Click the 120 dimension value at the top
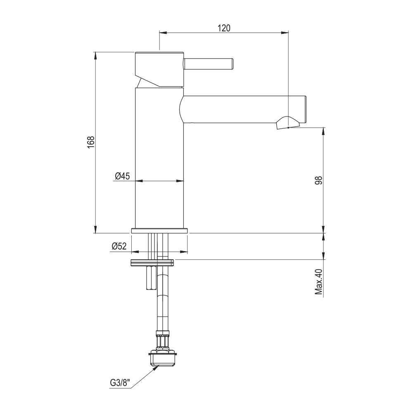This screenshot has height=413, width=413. tap(224, 28)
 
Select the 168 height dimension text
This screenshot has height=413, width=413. tap(91, 142)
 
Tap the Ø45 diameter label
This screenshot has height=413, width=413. tap(123, 176)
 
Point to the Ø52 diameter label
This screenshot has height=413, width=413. tap(119, 246)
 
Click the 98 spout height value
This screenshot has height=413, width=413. tap(319, 180)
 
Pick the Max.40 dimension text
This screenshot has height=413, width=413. tap(319, 282)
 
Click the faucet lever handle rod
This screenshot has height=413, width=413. tap(208, 64)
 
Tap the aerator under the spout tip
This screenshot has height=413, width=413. tap(288, 123)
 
